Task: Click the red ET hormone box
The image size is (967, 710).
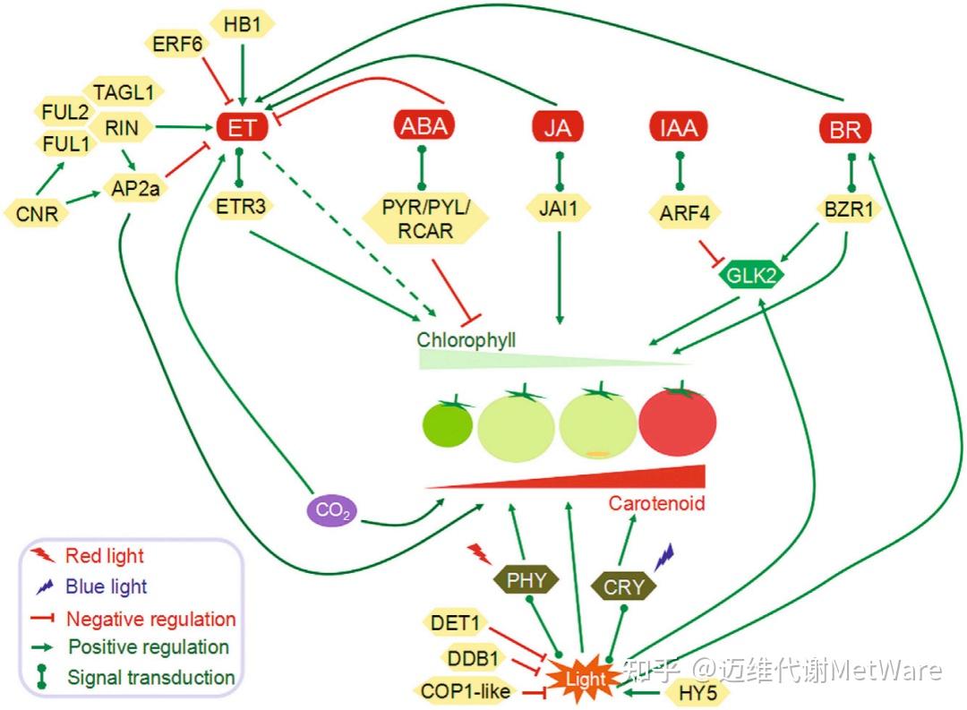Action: pyautogui.click(x=242, y=128)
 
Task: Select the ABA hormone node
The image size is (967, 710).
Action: pyautogui.click(x=424, y=126)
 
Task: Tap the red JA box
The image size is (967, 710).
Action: pyautogui.click(x=557, y=128)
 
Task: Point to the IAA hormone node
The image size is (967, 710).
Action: pyautogui.click(x=679, y=128)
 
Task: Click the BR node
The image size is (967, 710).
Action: pyautogui.click(x=845, y=130)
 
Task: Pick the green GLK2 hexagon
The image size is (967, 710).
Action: pyautogui.click(x=750, y=275)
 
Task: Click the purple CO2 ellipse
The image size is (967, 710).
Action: pyautogui.click(x=332, y=510)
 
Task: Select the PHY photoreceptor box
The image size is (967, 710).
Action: pyautogui.click(x=526, y=580)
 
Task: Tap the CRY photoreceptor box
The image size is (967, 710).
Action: pyautogui.click(x=623, y=586)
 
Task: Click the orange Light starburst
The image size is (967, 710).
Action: pyautogui.click(x=584, y=679)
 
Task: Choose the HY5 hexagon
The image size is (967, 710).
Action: pyautogui.click(x=697, y=693)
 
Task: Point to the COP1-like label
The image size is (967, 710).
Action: pyautogui.click(x=466, y=691)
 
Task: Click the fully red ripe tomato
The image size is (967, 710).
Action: pyautogui.click(x=678, y=422)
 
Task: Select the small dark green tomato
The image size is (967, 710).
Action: pyautogui.click(x=448, y=423)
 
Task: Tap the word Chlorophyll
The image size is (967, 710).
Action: pyautogui.click(x=466, y=340)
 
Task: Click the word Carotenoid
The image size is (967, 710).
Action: pyautogui.click(x=657, y=503)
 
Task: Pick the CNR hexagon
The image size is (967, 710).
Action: pyautogui.click(x=37, y=214)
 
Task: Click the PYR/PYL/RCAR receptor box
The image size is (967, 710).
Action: pyautogui.click(x=425, y=219)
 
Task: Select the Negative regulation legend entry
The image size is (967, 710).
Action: pyautogui.click(x=133, y=618)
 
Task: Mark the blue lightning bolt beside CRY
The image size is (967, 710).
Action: pyautogui.click(x=663, y=556)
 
